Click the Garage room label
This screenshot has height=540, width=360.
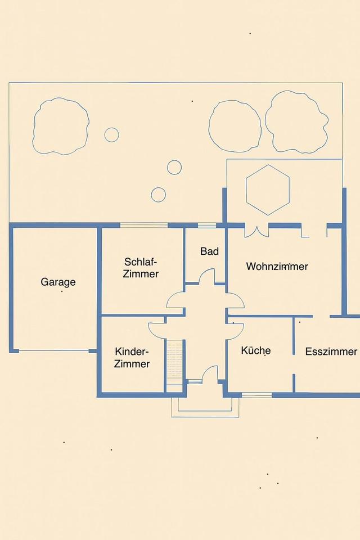[x=58, y=282]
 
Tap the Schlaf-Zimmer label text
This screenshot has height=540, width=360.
[x=141, y=268]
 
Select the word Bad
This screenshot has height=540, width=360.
[x=209, y=251]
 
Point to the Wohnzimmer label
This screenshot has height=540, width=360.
[x=277, y=266]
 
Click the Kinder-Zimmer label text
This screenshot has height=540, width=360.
[x=132, y=358]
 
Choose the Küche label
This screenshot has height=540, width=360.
[x=255, y=350]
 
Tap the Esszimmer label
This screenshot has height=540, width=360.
[x=331, y=351]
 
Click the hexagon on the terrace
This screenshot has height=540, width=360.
[x=268, y=190]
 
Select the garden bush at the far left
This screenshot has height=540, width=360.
[x=61, y=126]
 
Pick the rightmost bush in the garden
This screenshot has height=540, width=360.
[x=296, y=121]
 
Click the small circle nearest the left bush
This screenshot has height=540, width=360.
[x=111, y=134]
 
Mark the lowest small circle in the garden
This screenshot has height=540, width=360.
[x=159, y=195]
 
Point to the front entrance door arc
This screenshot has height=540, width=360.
[x=210, y=373]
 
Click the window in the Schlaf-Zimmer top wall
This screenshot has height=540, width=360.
[x=144, y=225]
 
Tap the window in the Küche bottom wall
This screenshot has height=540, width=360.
[x=256, y=395]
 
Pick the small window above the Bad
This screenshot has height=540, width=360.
[x=206, y=225]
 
